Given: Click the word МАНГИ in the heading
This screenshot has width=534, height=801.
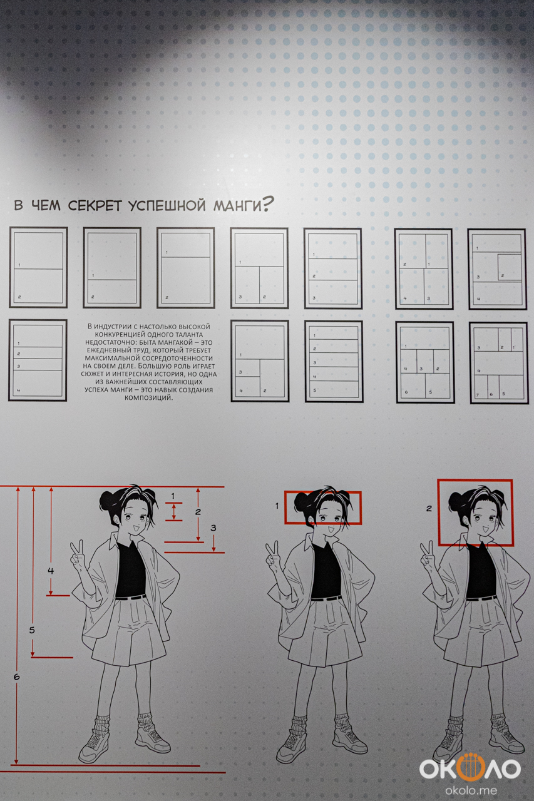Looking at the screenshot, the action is pyautogui.click(x=237, y=206).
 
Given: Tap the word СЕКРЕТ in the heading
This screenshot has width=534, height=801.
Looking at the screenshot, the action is pyautogui.click(x=95, y=206).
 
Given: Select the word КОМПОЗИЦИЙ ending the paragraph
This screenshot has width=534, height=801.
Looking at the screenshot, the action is pyautogui.click(x=149, y=397).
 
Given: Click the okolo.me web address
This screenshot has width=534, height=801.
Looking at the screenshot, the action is pyautogui.click(x=471, y=790).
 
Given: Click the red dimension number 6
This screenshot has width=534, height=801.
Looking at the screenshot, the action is pyautogui.click(x=16, y=676).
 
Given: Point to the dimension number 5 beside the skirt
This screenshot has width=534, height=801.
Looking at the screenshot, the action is pyautogui.click(x=32, y=630).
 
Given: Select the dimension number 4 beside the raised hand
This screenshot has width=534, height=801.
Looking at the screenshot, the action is pyautogui.click(x=51, y=571).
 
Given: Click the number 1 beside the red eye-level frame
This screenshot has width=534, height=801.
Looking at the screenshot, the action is pyautogui.click(x=277, y=506).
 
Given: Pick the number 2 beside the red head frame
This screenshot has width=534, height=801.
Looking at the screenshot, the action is pyautogui.click(x=429, y=508).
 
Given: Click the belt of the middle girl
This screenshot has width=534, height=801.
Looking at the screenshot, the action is pyautogui.click(x=326, y=598).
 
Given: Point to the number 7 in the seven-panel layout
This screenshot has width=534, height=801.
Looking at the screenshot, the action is pyautogui.click(x=477, y=395).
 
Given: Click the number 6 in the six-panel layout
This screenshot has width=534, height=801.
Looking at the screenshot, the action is pyautogui.click(x=406, y=392).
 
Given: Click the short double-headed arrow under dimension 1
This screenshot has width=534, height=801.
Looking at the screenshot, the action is pyautogui.click(x=174, y=512).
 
